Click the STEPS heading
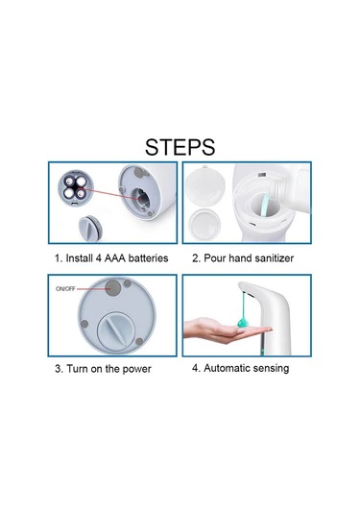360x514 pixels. point(180,147)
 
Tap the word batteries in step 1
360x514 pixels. point(148,258)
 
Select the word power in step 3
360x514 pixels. point(136,369)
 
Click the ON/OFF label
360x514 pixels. point(65,289)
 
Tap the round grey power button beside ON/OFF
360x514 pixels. point(113,288)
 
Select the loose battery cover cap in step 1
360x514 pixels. point(90,228)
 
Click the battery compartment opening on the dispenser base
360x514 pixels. point(141,199)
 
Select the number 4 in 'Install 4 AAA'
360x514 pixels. point(98,258)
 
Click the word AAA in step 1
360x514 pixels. point(114,258)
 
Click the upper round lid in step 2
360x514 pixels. point(205,184)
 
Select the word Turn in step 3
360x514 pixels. point(78,369)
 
